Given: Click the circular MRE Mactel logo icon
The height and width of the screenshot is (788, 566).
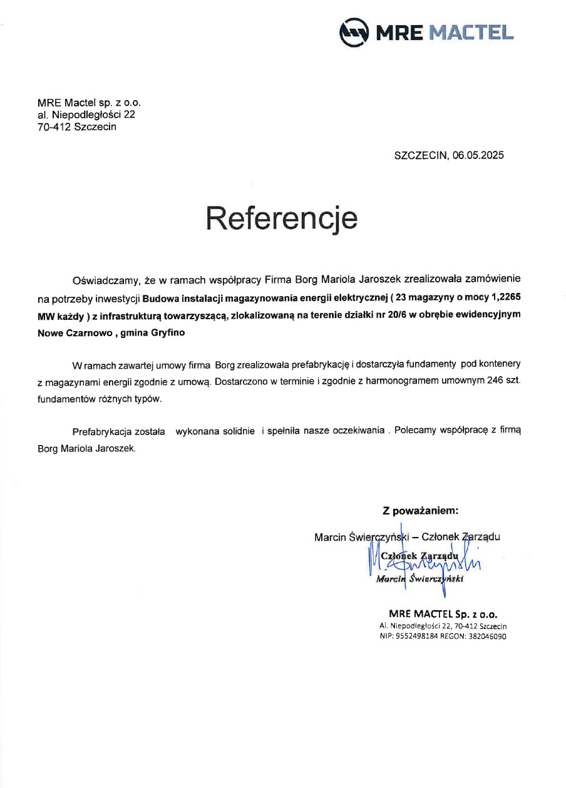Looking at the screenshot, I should coord(353,33).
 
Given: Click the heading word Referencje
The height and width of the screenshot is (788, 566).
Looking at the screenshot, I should coord(282,218).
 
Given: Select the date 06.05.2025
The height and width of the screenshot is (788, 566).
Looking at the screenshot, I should coord(478,155).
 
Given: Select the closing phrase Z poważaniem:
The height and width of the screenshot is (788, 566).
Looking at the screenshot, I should coord(420,510).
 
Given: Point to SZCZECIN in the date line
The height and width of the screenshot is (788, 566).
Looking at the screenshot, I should coord(419,155).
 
